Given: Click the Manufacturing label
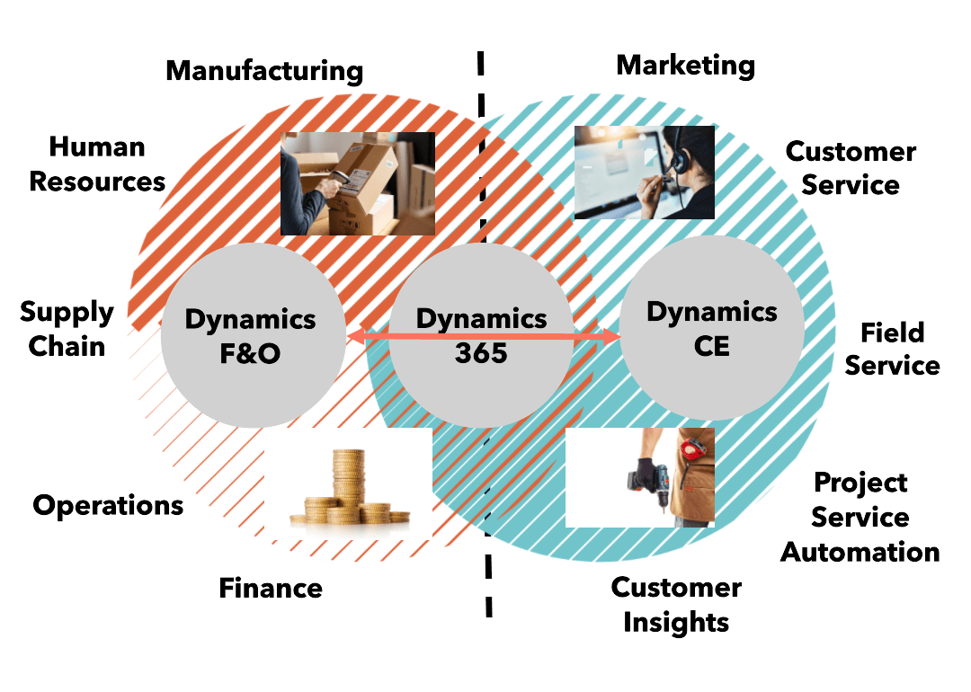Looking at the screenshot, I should pyautogui.click(x=264, y=71).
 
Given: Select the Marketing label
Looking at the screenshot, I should pyautogui.click(x=685, y=65).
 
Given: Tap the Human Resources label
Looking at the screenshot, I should pyautogui.click(x=97, y=164).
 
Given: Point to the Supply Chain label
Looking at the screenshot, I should pyautogui.click(x=67, y=329).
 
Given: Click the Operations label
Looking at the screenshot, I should pyautogui.click(x=108, y=505).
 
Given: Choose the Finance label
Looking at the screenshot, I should pyautogui.click(x=271, y=589).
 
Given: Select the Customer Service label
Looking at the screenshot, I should pyautogui.click(x=851, y=168).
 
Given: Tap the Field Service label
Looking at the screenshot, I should pyautogui.click(x=892, y=349).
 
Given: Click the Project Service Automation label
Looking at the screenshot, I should pyautogui.click(x=860, y=517).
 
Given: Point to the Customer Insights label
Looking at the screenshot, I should pyautogui.click(x=676, y=605).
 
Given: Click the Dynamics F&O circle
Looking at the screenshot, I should pyautogui.click(x=252, y=335).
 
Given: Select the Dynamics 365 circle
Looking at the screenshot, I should pyautogui.click(x=481, y=335).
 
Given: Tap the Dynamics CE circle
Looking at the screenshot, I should pyautogui.click(x=711, y=328).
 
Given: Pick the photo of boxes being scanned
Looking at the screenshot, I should pyautogui.click(x=357, y=183).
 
